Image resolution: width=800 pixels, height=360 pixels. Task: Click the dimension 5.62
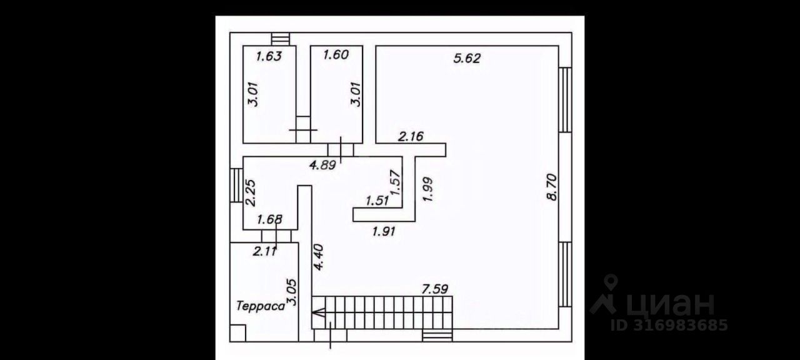pyautogui.click(x=467, y=59)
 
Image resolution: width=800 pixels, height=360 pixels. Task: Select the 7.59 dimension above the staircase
pyautogui.click(x=436, y=289)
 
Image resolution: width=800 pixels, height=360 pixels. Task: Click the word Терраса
pyautogui.click(x=259, y=306)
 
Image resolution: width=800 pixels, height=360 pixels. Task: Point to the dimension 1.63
pyautogui.click(x=269, y=56)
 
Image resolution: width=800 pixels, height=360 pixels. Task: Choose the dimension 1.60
pyautogui.click(x=335, y=55)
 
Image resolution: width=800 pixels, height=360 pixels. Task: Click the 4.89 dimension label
pyautogui.click(x=324, y=166)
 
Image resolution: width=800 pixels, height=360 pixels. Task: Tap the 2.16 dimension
pyautogui.click(x=411, y=136)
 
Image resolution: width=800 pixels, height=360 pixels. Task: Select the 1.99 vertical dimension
pyautogui.click(x=428, y=189)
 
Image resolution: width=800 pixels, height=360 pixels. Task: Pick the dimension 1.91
pyautogui.click(x=384, y=231)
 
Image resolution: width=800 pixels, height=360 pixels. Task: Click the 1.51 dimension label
pyautogui.click(x=377, y=201)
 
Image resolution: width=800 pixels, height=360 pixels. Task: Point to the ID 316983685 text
pyautogui.click(x=669, y=326)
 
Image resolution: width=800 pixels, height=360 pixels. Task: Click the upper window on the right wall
pyautogui.click(x=565, y=100)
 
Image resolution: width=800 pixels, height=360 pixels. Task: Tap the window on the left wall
pyautogui.click(x=236, y=185)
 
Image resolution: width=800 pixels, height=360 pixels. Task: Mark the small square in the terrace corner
pyautogui.click(x=237, y=333)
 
